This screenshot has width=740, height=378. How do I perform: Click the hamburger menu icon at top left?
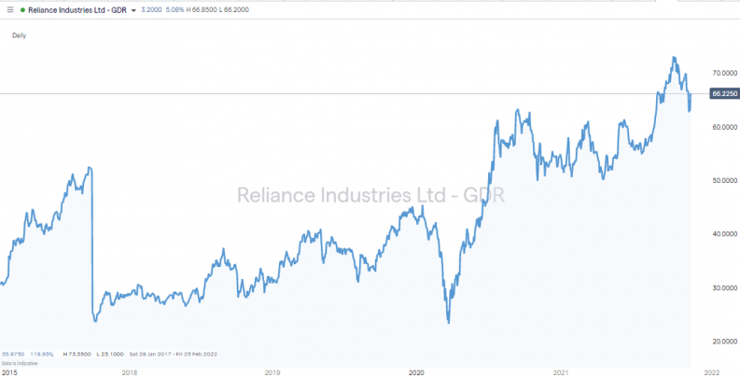tap(10, 9)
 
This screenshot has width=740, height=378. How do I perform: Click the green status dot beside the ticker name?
tap(21, 9)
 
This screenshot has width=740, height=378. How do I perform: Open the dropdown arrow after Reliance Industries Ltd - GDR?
tap(134, 9)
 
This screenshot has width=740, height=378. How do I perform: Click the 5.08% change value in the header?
tap(174, 9)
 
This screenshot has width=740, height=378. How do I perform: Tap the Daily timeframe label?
tap(19, 35)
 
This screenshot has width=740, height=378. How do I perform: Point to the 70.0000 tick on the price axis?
tap(724, 73)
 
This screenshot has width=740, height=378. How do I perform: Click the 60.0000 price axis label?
tap(724, 127)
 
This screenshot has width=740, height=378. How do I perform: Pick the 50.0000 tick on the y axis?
tap(724, 180)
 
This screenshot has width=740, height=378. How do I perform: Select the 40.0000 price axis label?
tap(724, 234)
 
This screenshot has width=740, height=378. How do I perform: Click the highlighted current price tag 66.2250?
tap(724, 93)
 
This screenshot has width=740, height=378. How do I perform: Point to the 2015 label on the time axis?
tap(8, 372)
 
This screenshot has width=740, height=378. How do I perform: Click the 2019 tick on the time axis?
tap(272, 372)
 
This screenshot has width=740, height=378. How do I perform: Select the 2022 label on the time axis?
tap(710, 372)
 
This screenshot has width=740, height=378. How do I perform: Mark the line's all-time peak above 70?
tap(674, 58)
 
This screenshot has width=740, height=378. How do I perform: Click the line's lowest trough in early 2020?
tap(448, 323)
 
